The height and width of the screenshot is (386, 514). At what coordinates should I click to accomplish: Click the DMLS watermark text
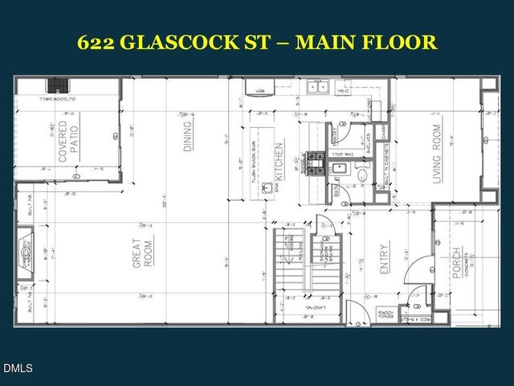[17, 368]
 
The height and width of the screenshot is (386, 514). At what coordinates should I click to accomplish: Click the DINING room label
[188, 136]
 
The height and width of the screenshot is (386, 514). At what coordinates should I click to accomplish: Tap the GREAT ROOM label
[142, 252]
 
